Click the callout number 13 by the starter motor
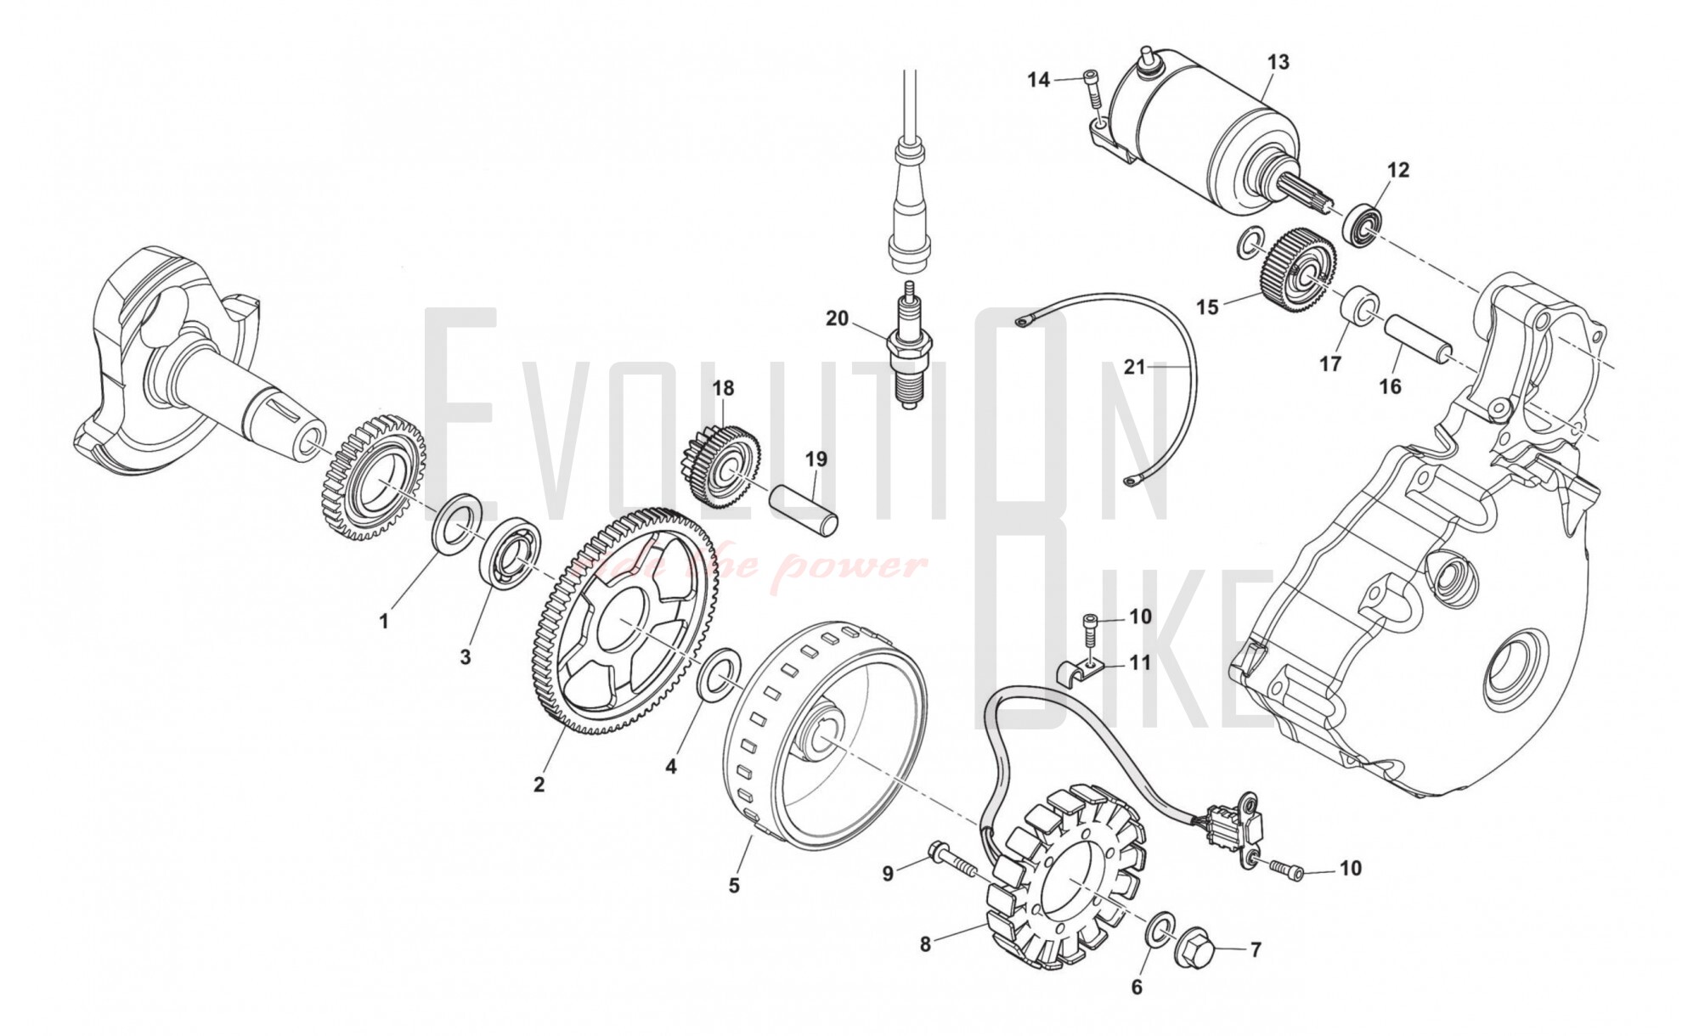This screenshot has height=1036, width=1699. [1278, 62]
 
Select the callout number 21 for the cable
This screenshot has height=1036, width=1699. [1135, 368]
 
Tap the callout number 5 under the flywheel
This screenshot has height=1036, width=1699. [734, 885]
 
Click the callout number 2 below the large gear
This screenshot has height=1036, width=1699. [539, 785]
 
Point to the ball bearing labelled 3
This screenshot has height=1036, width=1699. [509, 549]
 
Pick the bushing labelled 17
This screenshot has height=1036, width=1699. [1361, 308]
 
